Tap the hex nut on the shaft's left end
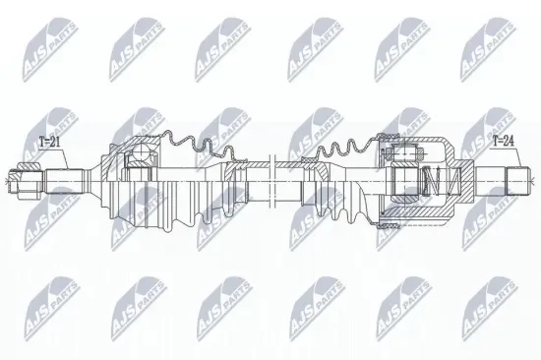coord(21,180)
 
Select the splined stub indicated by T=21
coord(62,180)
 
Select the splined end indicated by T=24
coord(519,180)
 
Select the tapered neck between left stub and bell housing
coord(90,181)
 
